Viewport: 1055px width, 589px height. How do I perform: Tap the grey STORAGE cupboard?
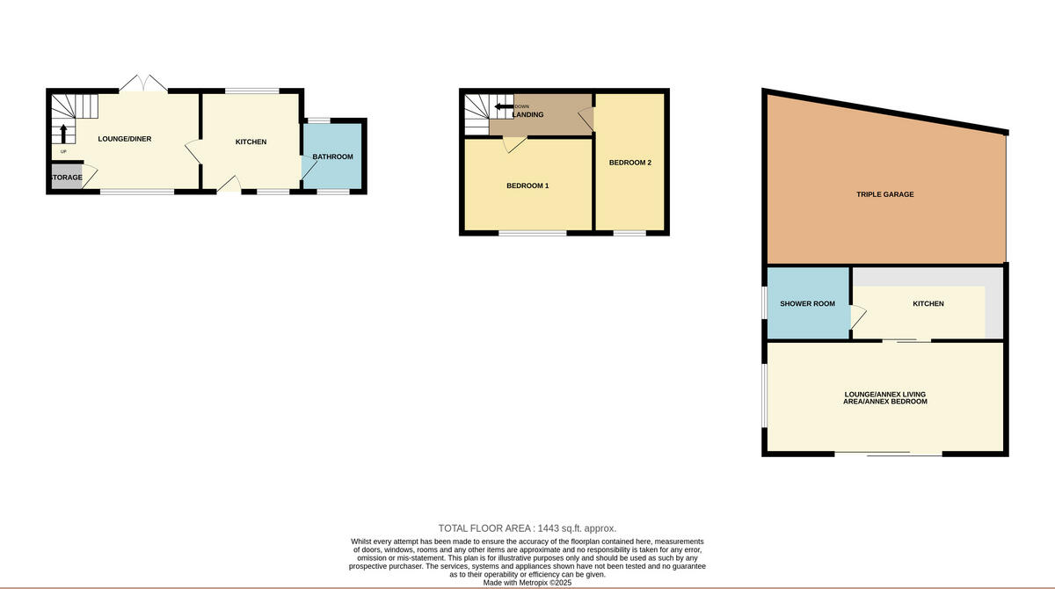65,178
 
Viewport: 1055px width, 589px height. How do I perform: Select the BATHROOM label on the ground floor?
332,157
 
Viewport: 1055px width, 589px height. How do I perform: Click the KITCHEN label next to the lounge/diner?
251,142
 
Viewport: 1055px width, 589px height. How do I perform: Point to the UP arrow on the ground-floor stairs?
63,134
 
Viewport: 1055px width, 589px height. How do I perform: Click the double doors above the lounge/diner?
142,84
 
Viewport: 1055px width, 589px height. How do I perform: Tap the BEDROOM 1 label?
527,185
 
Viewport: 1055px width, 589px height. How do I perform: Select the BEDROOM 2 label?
629,163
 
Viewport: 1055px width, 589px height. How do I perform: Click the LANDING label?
527,115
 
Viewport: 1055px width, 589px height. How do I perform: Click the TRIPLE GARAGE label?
885,194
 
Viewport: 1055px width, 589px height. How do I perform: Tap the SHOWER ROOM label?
807,304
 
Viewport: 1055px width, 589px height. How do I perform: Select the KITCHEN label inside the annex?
928,304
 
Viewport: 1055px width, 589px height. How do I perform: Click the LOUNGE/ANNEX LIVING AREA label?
885,397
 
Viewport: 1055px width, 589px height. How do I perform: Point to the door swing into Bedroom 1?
515,145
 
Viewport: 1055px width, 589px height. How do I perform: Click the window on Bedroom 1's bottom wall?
533,233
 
